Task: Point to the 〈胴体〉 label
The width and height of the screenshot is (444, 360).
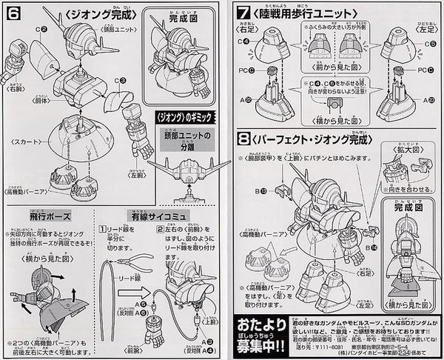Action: [x=51, y=96]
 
